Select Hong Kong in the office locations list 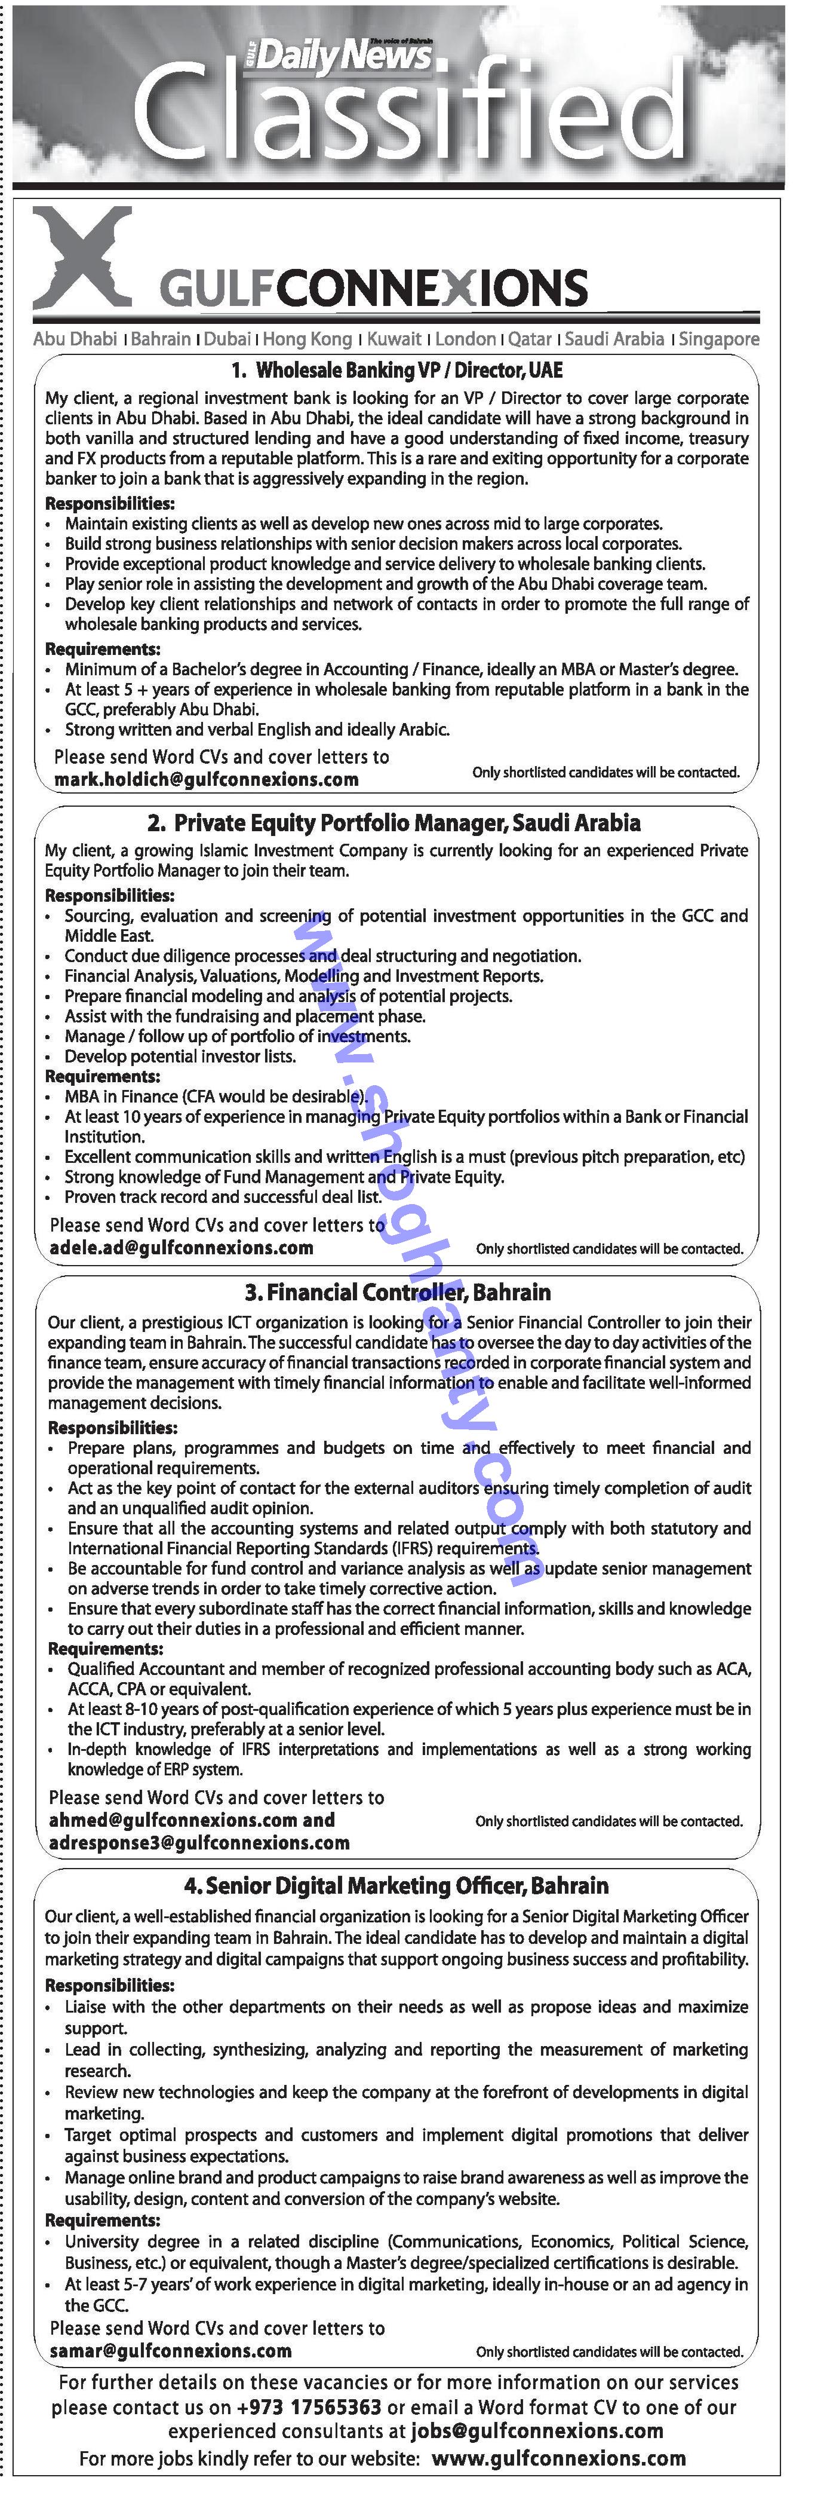click(x=307, y=339)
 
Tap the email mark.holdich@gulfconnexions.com click(x=206, y=779)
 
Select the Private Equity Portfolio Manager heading click(x=394, y=823)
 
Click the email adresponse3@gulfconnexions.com click(x=199, y=1842)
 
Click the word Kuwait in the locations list click(x=394, y=339)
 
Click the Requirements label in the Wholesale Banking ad click(x=103, y=649)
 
